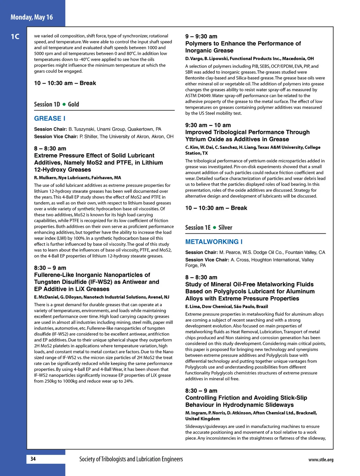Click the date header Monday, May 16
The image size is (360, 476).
[x=32, y=17]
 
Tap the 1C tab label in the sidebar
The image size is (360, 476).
[x=15, y=37]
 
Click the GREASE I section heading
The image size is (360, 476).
[x=50, y=118]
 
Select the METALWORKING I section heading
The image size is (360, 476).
[x=214, y=242]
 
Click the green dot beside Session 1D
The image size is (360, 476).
[x=64, y=104]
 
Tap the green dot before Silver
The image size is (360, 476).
[x=214, y=228]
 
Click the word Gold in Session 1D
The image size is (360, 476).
[x=73, y=104]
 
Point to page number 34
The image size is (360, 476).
[x=33, y=459]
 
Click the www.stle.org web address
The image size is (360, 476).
[x=321, y=459]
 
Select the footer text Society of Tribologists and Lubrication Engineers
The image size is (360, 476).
[x=131, y=459]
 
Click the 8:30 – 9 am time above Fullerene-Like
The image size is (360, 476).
[x=50, y=268]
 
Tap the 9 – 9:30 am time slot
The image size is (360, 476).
[x=201, y=37]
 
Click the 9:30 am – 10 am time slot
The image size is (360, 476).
[x=208, y=125]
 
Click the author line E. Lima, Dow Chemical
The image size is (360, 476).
[x=226, y=307]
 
